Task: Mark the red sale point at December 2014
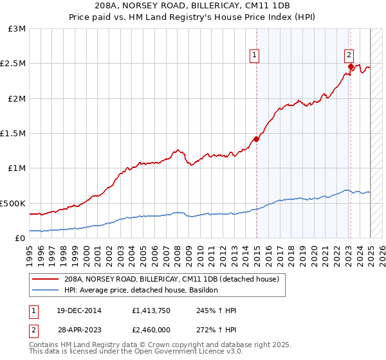[x=256, y=139]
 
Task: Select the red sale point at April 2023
[x=351, y=66]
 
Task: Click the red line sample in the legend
[x=46, y=280]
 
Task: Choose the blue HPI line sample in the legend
[x=46, y=291]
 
